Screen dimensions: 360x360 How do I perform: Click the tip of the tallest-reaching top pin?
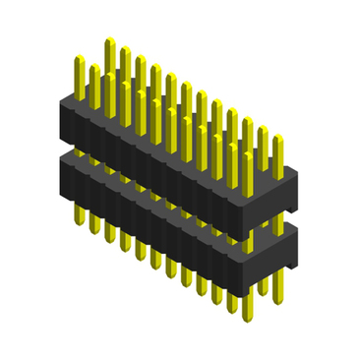click(110, 41)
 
